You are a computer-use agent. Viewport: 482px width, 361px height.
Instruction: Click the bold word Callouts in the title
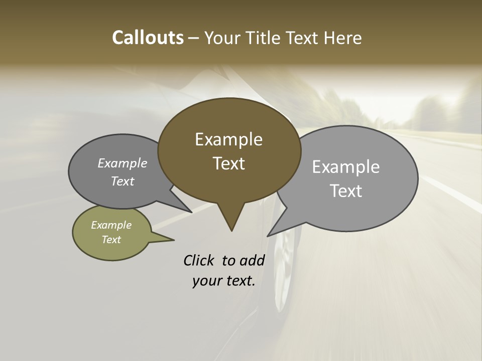148,38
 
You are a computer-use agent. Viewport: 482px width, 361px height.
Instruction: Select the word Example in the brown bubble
228,139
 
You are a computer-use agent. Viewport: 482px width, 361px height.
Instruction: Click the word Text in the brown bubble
228,163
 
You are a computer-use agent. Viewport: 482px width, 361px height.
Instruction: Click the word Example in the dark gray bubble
123,163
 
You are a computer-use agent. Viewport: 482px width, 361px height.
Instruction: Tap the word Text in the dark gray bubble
123,182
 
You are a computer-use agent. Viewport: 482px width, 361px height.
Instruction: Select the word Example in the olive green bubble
111,225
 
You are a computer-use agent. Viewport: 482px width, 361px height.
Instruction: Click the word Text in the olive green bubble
111,240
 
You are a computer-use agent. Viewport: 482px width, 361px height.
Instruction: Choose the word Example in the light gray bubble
346,167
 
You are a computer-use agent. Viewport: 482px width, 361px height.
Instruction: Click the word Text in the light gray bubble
346,191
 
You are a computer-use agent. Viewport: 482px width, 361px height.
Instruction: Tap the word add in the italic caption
253,260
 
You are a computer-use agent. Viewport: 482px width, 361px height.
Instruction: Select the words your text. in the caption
224,281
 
